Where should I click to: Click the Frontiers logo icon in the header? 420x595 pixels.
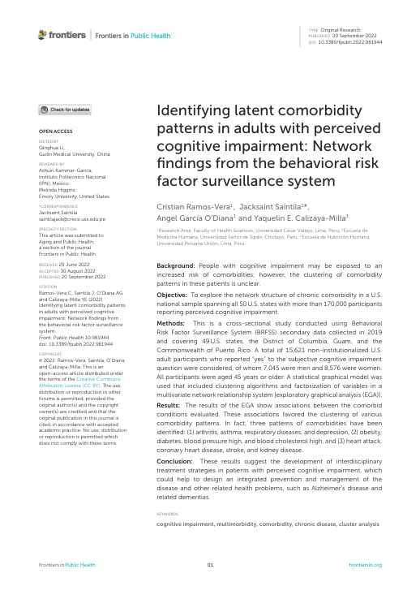[x=44, y=36]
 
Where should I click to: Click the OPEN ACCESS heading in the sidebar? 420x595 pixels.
[x=54, y=130]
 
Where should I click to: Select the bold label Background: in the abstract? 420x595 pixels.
[x=174, y=266]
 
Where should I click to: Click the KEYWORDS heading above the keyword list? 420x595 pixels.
[x=167, y=513]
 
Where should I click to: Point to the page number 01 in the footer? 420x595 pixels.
[x=210, y=564]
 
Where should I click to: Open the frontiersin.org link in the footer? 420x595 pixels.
[x=365, y=564]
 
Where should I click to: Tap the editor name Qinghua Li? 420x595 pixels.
[x=50, y=148]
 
